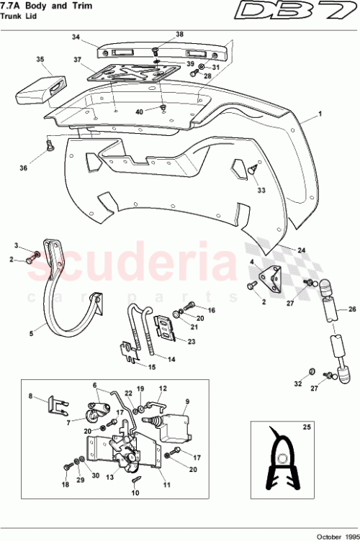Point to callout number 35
tap(40, 60)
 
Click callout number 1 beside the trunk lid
tap(320, 114)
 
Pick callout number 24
tap(302, 250)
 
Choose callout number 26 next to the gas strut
tap(352, 309)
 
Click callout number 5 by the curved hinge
tap(31, 333)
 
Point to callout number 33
tap(261, 191)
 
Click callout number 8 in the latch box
tap(30, 396)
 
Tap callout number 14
tap(171, 359)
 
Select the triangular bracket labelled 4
tap(271, 278)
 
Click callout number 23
tap(191, 342)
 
